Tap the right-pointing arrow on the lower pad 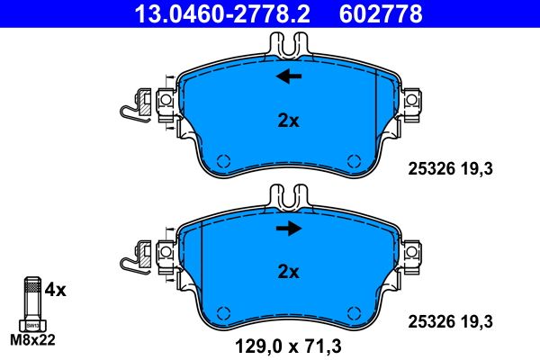pyautogui.click(x=288, y=229)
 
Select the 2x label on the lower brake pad pyautogui.click(x=288, y=270)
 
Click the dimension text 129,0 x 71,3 pyautogui.click(x=288, y=345)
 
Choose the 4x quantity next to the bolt pyautogui.click(x=56, y=291)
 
